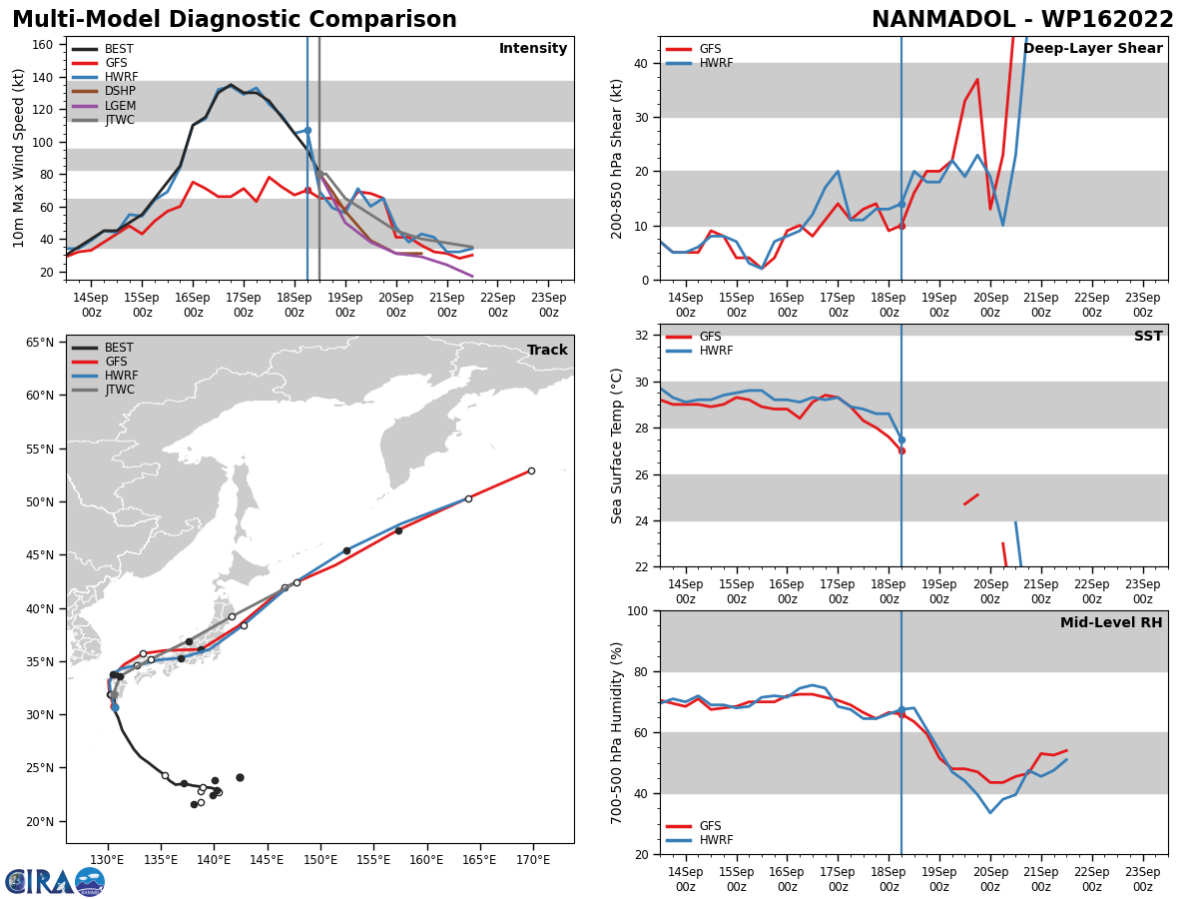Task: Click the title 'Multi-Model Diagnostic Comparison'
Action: [234, 20]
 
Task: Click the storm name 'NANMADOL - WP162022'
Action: [1022, 20]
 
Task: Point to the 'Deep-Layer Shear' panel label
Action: [1092, 49]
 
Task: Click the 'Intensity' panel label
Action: [533, 49]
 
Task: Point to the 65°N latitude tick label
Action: [39, 343]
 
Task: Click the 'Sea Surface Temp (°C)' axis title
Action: [617, 446]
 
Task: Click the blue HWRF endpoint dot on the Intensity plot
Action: [307, 130]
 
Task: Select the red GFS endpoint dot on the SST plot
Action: [901, 450]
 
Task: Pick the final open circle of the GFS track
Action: [531, 470]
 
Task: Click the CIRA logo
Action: [55, 881]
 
